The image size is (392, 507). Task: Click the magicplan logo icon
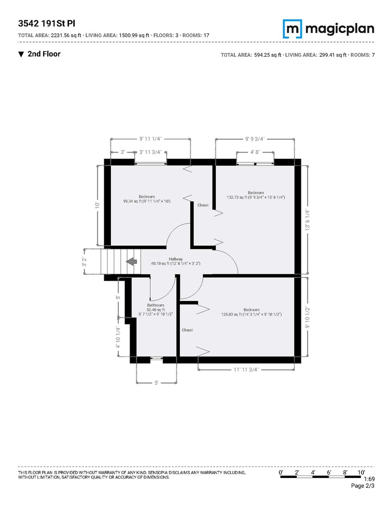click(x=292, y=29)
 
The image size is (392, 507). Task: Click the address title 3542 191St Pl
click(x=47, y=23)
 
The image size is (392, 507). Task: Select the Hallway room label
click(x=176, y=259)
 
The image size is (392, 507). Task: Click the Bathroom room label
click(x=155, y=305)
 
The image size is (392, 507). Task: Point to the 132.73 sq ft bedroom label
click(x=256, y=195)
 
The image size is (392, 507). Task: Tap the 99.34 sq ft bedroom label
click(x=146, y=199)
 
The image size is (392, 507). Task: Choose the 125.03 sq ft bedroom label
click(x=251, y=312)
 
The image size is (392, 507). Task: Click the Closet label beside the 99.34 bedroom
click(x=203, y=205)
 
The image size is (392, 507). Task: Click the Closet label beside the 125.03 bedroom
click(x=187, y=330)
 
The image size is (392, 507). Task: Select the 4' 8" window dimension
click(x=255, y=152)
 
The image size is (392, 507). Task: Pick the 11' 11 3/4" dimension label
click(x=246, y=369)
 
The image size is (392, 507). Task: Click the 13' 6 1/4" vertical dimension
click(x=307, y=219)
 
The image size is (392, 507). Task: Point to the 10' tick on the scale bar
click(x=361, y=472)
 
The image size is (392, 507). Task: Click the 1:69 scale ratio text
click(x=369, y=479)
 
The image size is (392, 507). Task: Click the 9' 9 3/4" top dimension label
click(x=255, y=139)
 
